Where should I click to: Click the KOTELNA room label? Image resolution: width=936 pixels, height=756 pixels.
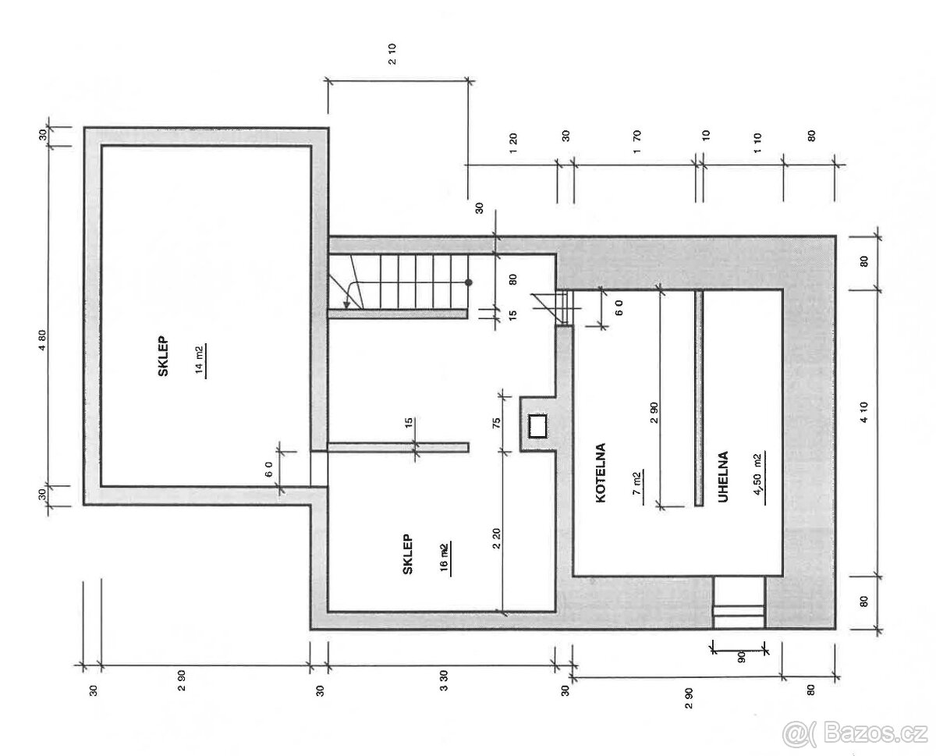pos(601,473)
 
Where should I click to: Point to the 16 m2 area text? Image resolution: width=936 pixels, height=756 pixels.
pos(444,557)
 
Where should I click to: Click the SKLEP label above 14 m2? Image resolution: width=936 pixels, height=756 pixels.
pos(165,362)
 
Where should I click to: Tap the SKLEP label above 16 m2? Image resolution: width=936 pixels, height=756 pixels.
pos(408,555)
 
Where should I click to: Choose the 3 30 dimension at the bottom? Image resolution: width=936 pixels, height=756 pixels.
pos(443,690)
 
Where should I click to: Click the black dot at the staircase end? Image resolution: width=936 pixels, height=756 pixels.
pos(469,282)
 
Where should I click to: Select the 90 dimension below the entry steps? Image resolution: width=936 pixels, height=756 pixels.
pos(740,657)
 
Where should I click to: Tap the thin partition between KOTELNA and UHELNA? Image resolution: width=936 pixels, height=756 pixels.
pos(699,398)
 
